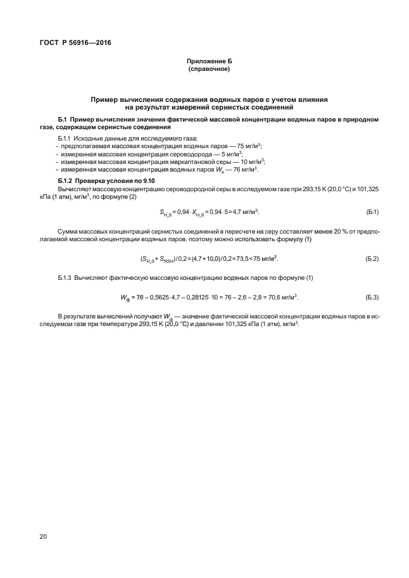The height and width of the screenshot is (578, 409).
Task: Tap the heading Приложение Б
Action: [209, 61]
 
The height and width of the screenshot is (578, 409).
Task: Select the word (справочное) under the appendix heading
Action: [209, 68]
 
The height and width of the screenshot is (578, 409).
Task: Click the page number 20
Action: [43, 537]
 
